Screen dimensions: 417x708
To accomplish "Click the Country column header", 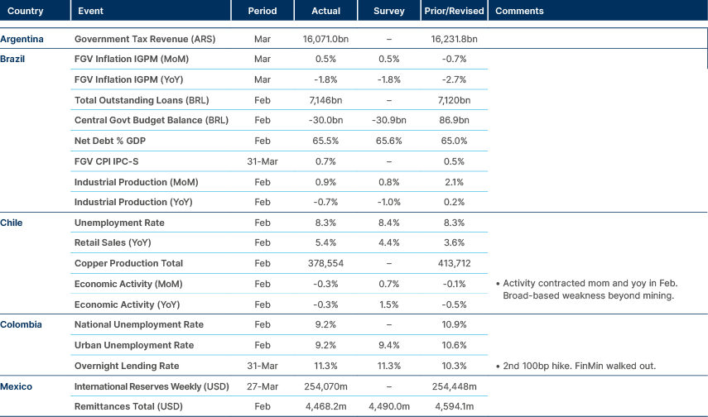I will tap(26, 11).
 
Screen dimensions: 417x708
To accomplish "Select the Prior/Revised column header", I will tap(453, 11).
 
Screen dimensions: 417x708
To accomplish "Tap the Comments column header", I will tap(518, 11).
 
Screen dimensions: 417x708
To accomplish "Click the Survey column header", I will tap(389, 11).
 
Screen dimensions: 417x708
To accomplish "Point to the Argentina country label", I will tap(22, 39).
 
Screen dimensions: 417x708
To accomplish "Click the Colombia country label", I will tap(21, 324).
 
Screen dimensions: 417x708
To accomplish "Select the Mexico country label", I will tap(17, 386).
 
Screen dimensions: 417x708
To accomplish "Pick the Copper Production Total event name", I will tap(128, 263).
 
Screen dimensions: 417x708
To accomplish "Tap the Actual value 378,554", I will tap(325, 263).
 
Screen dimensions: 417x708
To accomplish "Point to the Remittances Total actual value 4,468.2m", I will tap(325, 406).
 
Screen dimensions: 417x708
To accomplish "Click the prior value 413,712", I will tap(453, 263).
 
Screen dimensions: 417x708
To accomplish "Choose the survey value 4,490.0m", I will tap(389, 406).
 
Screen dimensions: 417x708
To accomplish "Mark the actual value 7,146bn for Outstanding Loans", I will tap(325, 100).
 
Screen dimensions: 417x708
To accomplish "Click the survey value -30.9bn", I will tap(389, 121).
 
